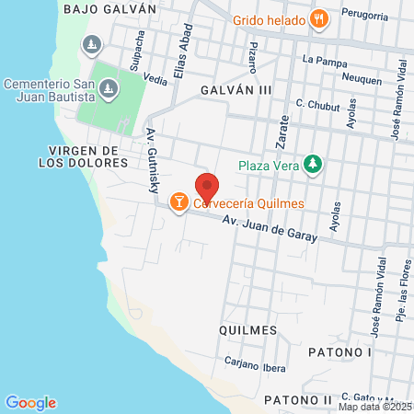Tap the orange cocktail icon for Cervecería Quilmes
[179, 200]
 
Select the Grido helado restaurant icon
[318, 17]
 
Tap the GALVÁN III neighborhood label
[236, 90]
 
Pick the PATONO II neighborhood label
[296, 400]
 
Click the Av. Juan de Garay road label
[273, 227]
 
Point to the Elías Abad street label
[181, 65]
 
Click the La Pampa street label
[321, 61]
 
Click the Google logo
[30, 402]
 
